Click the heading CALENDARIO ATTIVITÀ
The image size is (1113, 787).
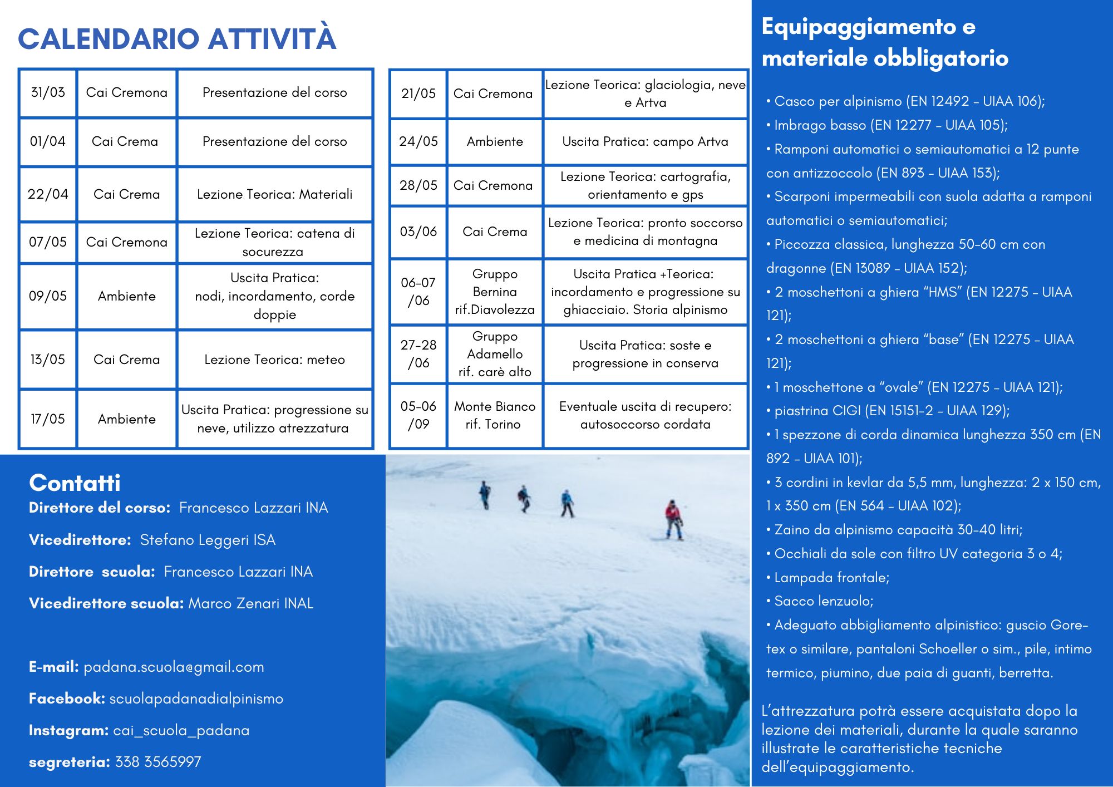click(x=177, y=39)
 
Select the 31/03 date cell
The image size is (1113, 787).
click(x=48, y=92)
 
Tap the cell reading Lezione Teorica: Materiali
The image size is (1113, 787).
click(x=274, y=194)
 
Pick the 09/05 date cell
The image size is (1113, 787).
click(x=48, y=296)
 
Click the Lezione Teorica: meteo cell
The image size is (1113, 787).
click(x=274, y=360)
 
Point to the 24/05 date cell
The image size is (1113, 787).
click(x=418, y=141)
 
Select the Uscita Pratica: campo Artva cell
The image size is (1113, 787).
click(x=645, y=141)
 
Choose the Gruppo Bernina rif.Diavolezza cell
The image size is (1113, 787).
click(x=495, y=292)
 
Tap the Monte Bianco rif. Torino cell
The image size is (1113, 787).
click(x=495, y=415)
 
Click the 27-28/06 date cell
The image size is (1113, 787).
click(x=418, y=354)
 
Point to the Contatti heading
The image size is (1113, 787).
click(x=75, y=483)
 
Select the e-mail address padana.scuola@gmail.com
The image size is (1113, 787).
click(x=174, y=667)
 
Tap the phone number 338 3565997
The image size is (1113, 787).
click(x=158, y=762)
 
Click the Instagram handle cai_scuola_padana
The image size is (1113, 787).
click(x=181, y=730)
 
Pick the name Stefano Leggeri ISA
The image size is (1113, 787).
click(x=208, y=540)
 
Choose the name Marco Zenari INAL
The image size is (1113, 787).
click(x=250, y=603)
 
